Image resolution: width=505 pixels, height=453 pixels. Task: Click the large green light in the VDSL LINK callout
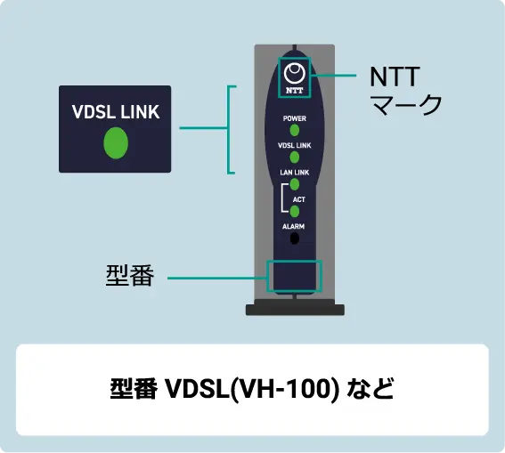click(116, 143)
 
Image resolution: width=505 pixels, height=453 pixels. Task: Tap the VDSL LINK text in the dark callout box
click(116, 112)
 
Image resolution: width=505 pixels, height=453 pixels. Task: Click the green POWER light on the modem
click(295, 130)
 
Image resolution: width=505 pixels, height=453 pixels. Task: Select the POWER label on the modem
click(295, 118)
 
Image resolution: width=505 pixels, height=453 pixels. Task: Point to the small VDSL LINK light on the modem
click(295, 158)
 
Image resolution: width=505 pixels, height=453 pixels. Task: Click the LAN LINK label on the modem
click(295, 173)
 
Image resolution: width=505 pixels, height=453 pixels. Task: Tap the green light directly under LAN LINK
click(295, 184)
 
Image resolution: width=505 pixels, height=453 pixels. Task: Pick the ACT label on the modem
click(299, 199)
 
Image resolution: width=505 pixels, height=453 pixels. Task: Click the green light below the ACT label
click(295, 212)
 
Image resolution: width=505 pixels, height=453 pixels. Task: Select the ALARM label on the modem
click(293, 226)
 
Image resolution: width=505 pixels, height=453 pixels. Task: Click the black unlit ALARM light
click(295, 239)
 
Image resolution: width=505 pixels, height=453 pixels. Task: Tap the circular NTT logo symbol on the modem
click(295, 73)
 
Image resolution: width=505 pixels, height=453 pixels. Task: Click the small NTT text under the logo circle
click(295, 91)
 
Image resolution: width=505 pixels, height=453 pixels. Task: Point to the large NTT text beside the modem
click(395, 77)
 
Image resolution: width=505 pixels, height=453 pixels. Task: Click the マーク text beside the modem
click(406, 104)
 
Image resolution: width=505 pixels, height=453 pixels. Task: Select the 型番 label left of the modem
click(130, 275)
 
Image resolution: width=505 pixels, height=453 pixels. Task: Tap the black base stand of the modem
click(295, 310)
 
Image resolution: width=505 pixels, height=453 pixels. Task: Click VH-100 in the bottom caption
click(285, 389)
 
